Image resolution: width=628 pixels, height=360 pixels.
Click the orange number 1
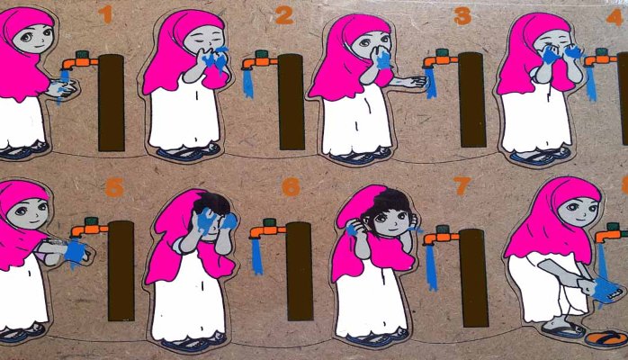(x=105, y=13)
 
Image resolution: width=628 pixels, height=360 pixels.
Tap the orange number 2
(x=283, y=14)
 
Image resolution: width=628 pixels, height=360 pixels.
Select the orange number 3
(x=462, y=15)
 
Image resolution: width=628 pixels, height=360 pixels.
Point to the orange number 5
(x=113, y=188)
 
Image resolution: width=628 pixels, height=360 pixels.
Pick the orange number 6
(x=291, y=187)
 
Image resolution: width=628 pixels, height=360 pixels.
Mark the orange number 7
(x=462, y=186)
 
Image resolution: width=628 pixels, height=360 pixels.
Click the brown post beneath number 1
(x=111, y=102)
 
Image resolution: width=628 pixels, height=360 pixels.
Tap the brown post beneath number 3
(x=471, y=99)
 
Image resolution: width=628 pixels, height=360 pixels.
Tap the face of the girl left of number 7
(x=385, y=220)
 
